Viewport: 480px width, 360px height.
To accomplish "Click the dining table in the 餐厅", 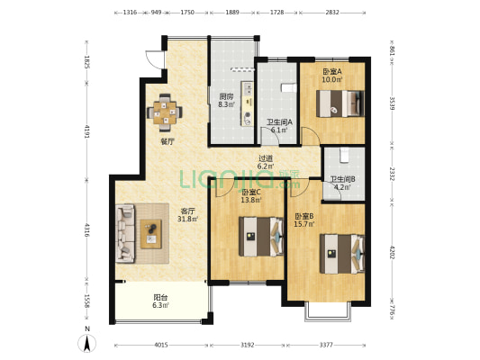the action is [165, 112].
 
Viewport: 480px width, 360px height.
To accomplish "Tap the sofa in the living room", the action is [125, 233].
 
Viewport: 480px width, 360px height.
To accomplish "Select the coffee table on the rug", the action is [151, 234].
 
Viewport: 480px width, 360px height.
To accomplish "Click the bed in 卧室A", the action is [340, 103].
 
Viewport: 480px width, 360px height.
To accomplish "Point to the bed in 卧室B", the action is [342, 254].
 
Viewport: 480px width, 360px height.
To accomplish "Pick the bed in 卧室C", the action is [261, 237].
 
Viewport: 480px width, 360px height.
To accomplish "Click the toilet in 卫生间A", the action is [288, 87].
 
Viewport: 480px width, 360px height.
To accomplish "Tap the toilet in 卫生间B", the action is [344, 155].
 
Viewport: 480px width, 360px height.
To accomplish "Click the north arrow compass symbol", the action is [87, 343].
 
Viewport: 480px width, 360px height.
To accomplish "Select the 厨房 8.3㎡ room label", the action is [226, 101].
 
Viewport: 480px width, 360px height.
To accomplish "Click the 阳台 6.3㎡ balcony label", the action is [160, 301].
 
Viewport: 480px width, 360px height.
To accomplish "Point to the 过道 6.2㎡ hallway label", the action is [266, 162].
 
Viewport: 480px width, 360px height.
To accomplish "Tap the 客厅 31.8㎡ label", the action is [187, 215].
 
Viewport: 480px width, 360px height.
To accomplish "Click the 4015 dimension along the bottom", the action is [161, 345].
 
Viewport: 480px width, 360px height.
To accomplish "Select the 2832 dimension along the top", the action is [332, 13].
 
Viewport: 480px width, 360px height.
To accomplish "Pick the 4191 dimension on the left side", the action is [86, 131].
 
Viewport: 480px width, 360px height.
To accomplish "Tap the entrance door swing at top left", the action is [154, 59].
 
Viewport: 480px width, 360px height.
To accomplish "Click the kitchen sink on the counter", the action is [249, 88].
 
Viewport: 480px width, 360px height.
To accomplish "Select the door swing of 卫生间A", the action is [269, 136].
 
